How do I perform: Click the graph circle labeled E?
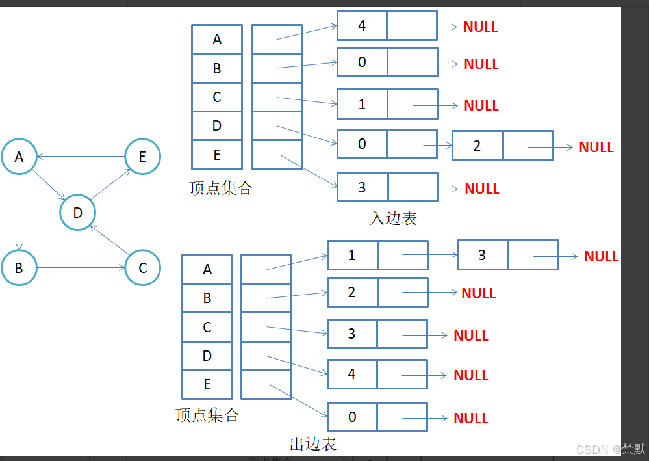click(x=142, y=156)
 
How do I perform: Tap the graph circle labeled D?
click(x=78, y=213)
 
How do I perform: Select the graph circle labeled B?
click(x=19, y=267)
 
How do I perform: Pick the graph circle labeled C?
click(x=142, y=267)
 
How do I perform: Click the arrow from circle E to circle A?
click(x=81, y=157)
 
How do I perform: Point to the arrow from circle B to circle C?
click(x=81, y=267)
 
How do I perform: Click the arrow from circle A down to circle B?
click(x=19, y=212)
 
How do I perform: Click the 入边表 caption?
click(x=393, y=218)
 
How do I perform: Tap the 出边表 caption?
click(x=312, y=445)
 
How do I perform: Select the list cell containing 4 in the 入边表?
click(x=362, y=25)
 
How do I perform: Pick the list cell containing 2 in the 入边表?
click(x=477, y=146)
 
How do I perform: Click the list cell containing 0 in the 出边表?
click(x=352, y=417)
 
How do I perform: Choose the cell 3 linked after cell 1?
click(x=482, y=255)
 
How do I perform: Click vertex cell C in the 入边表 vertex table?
click(x=217, y=97)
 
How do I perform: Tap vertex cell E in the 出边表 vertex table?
click(x=207, y=384)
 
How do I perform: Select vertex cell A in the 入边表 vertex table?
click(x=217, y=39)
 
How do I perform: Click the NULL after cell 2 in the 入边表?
click(x=596, y=147)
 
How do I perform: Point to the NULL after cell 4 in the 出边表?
click(x=470, y=375)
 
